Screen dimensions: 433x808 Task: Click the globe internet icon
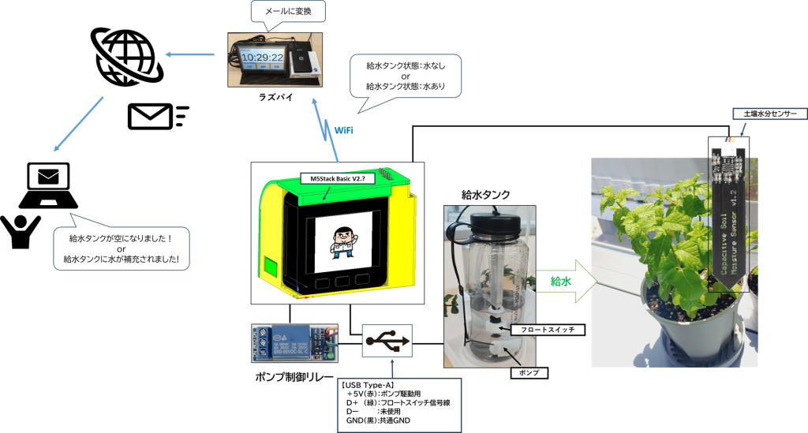click(x=126, y=57)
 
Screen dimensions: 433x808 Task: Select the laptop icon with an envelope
click(x=48, y=185)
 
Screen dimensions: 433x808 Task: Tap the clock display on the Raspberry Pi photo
click(x=261, y=58)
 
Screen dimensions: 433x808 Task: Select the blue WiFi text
click(x=344, y=129)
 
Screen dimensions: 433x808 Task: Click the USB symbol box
click(x=387, y=342)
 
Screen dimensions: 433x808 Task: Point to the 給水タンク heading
click(x=485, y=194)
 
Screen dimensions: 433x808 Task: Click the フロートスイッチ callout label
click(x=548, y=330)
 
